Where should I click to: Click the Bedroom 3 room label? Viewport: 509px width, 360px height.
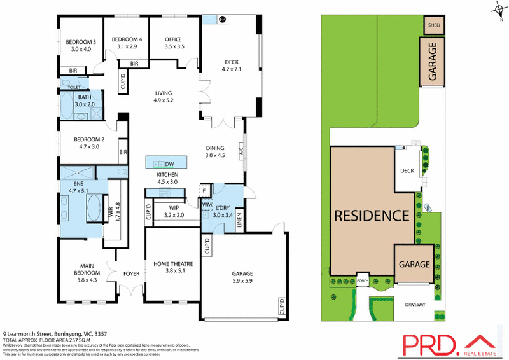pyautogui.click(x=80, y=45)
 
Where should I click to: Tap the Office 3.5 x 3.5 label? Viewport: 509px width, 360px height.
pyautogui.click(x=174, y=43)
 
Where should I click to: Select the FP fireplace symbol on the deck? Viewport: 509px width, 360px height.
pyautogui.click(x=222, y=20)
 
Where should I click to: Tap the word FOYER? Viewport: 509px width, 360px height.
pyautogui.click(x=131, y=274)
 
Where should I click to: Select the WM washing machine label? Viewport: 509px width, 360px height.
pyautogui.click(x=206, y=205)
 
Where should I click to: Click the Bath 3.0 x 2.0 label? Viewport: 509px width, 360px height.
pyautogui.click(x=85, y=100)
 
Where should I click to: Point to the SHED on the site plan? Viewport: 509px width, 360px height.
pyautogui.click(x=434, y=25)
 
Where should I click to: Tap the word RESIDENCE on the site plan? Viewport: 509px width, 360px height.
pyautogui.click(x=372, y=215)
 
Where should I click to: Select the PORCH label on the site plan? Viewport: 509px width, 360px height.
pyautogui.click(x=363, y=280)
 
